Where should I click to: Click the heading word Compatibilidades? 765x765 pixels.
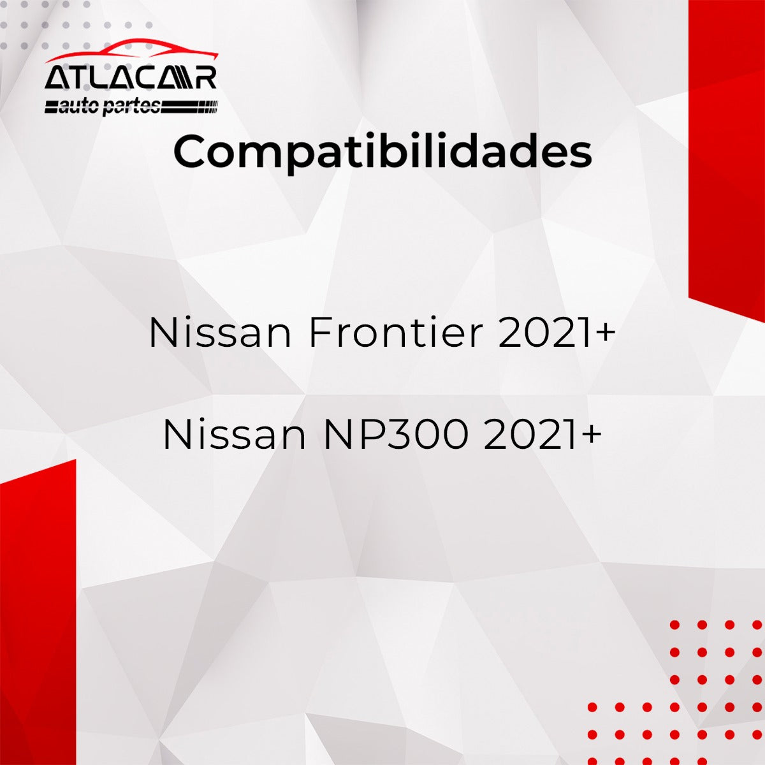382,152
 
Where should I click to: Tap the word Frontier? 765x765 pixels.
395,333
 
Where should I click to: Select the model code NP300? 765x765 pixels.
396,435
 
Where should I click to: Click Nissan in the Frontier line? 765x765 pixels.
220,333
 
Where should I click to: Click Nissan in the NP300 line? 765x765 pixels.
235,435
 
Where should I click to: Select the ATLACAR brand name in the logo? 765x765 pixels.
131,78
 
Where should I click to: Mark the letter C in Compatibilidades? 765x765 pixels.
192,152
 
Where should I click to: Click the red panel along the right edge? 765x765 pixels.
727,153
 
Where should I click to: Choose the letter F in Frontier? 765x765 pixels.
319,333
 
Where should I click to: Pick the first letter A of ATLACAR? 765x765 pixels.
56,78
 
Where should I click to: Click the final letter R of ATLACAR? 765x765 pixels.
206,78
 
